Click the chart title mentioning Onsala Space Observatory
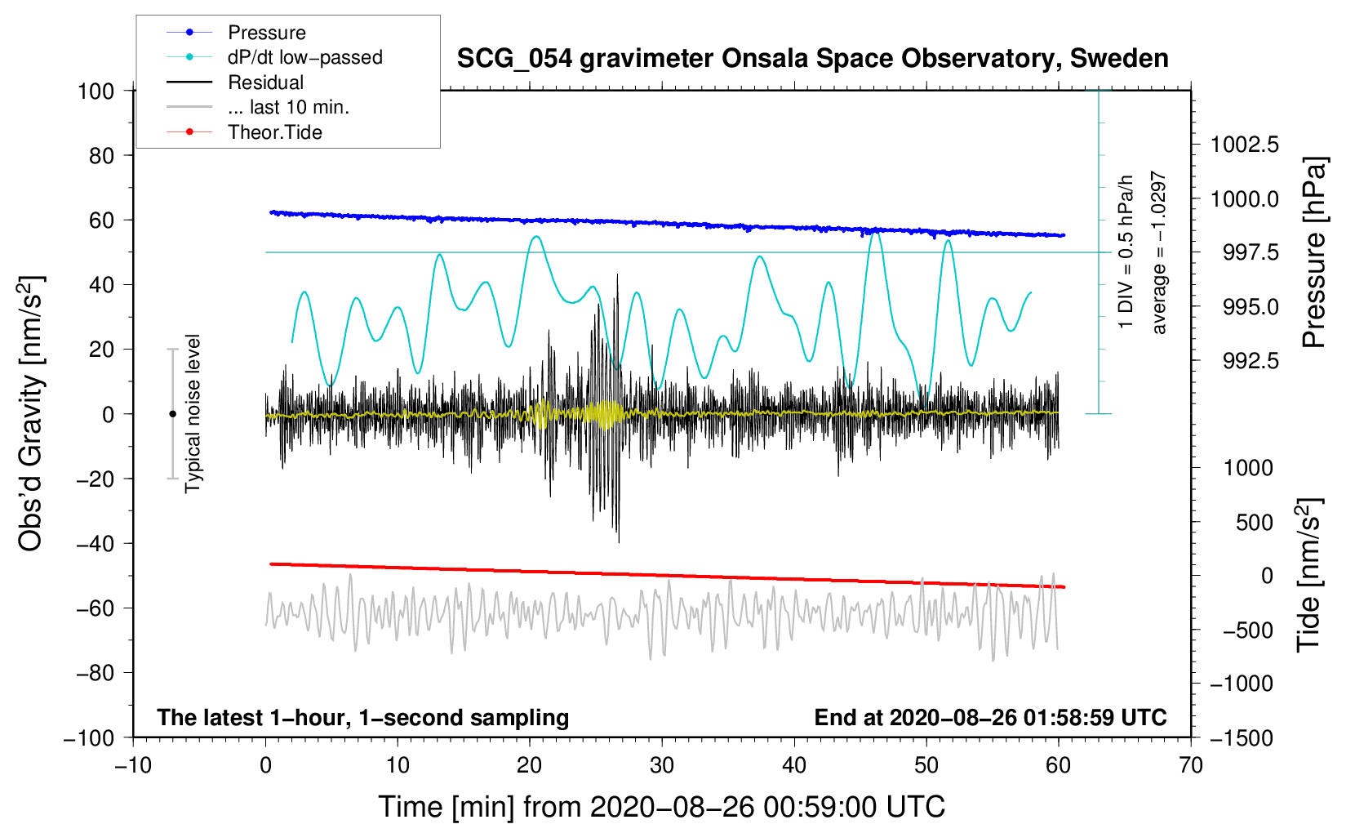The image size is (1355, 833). coord(812,59)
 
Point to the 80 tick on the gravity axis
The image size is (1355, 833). coord(101,156)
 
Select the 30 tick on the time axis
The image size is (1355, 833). coord(662,765)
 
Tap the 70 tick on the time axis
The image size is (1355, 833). coord(1190,765)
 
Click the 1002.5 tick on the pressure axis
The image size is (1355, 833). coord(1244,145)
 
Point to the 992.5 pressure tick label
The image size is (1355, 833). coord(1251,361)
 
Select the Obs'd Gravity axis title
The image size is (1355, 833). coord(30,413)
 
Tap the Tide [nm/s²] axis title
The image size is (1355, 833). coord(1309,576)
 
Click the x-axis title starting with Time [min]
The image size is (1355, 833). coord(662,807)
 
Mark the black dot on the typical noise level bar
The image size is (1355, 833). coord(172,414)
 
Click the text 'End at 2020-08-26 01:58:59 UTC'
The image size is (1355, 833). coord(990,717)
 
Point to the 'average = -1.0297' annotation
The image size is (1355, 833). coord(1159,252)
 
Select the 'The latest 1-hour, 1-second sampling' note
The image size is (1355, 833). coord(363,718)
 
